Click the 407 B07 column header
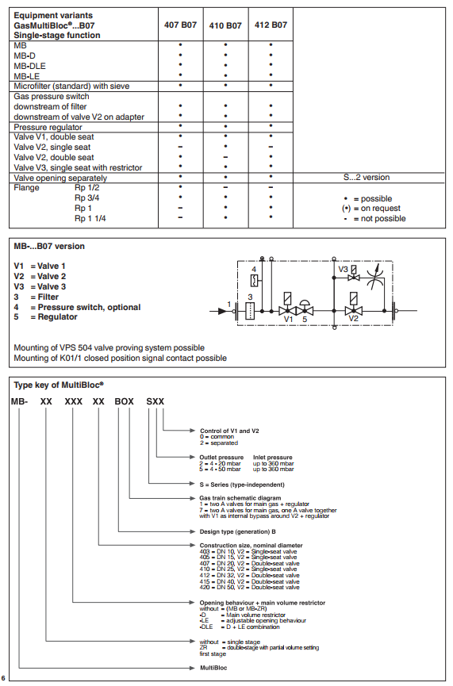(x=180, y=25)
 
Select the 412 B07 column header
(x=271, y=25)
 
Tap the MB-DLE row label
(x=29, y=66)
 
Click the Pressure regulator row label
(x=48, y=128)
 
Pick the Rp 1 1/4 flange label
(x=90, y=218)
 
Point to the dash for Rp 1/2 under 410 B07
(x=225, y=187)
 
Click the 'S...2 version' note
(x=367, y=177)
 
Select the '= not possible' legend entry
(x=375, y=218)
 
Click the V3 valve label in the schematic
(x=344, y=270)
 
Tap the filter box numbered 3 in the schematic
(x=250, y=311)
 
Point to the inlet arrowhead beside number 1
(x=223, y=311)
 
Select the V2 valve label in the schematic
(x=353, y=319)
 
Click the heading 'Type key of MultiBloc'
(x=59, y=385)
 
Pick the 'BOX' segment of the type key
(x=125, y=401)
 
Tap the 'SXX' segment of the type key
(x=155, y=401)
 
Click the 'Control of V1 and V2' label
(x=229, y=431)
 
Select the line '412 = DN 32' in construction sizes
(x=249, y=575)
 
